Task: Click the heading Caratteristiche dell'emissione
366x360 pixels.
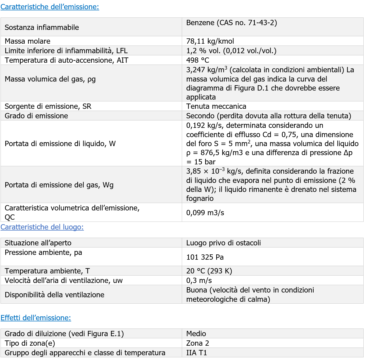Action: coord(50,7)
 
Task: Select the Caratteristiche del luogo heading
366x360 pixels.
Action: coord(42,227)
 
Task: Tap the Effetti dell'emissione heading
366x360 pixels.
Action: coord(36,318)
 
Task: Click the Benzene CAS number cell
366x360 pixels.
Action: coord(232,23)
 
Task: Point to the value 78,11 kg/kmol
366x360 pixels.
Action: coord(210,41)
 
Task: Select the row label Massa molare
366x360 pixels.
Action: coord(28,41)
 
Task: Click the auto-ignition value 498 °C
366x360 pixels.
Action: coord(198,60)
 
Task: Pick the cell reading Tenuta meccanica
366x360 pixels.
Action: coord(216,106)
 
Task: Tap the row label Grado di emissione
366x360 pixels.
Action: coord(36,116)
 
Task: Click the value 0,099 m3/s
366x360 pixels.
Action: coord(205,213)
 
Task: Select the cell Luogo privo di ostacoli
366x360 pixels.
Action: coord(223,243)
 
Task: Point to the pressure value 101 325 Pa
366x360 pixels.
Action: coord(205,257)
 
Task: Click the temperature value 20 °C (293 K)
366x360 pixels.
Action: coord(209,271)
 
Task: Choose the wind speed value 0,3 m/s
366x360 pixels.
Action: coord(199,280)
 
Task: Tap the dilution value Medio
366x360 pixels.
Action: coord(196,334)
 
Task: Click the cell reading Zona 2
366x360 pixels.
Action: coord(197,343)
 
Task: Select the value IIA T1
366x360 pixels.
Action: coord(197,353)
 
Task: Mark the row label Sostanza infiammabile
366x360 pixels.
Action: coord(42,27)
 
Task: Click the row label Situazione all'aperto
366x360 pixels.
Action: coord(38,243)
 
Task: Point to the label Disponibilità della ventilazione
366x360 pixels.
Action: coord(55,295)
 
